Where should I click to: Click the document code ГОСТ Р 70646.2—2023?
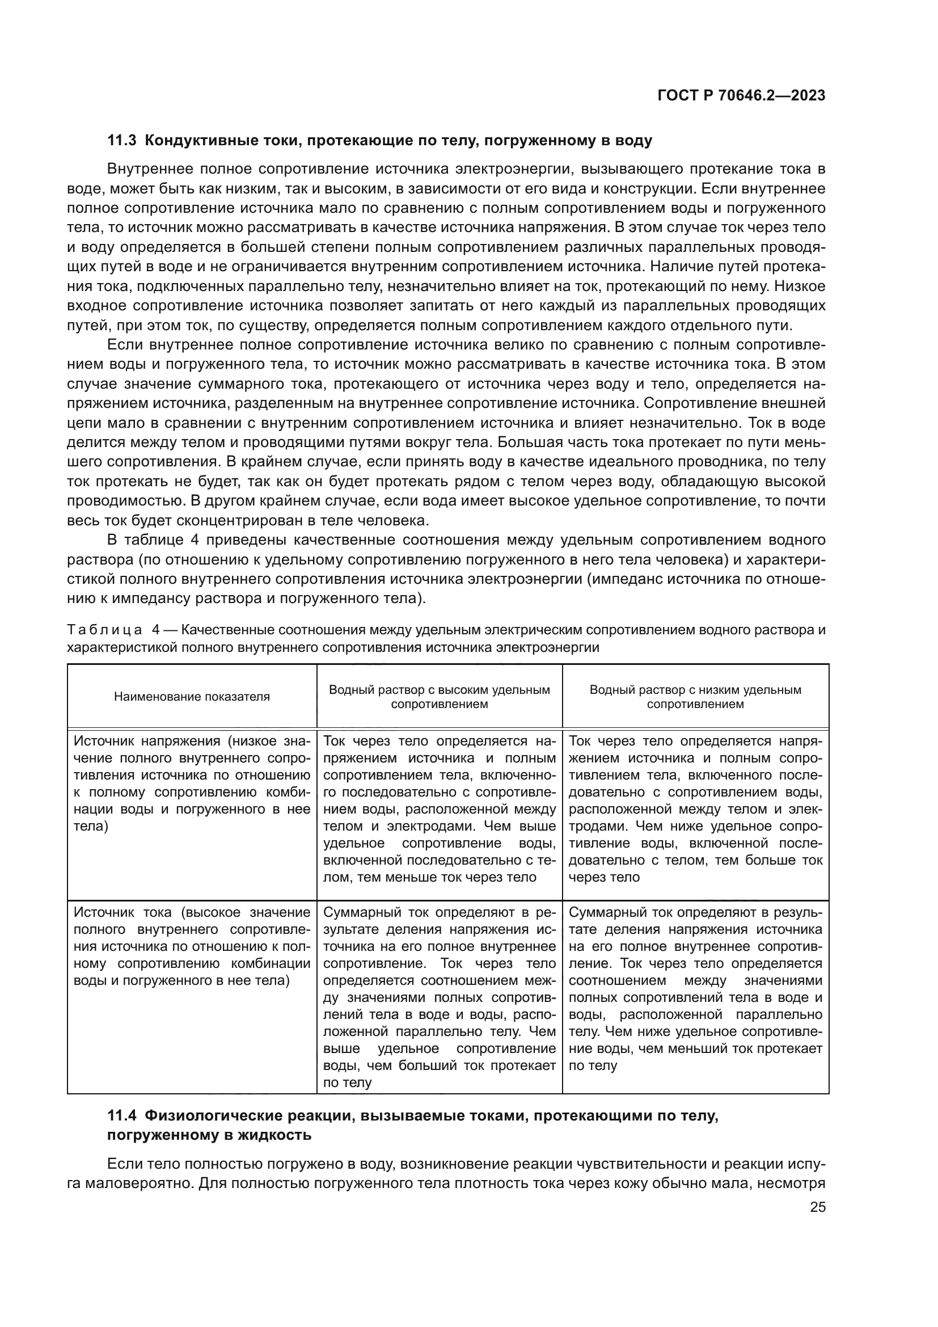click(741, 96)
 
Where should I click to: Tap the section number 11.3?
click(121, 141)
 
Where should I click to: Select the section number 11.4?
click(121, 1116)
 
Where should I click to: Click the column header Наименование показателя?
click(192, 697)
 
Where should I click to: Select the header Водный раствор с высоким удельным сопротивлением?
click(439, 697)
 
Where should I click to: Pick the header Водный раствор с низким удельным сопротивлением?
click(695, 697)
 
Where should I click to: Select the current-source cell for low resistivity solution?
click(695, 989)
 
